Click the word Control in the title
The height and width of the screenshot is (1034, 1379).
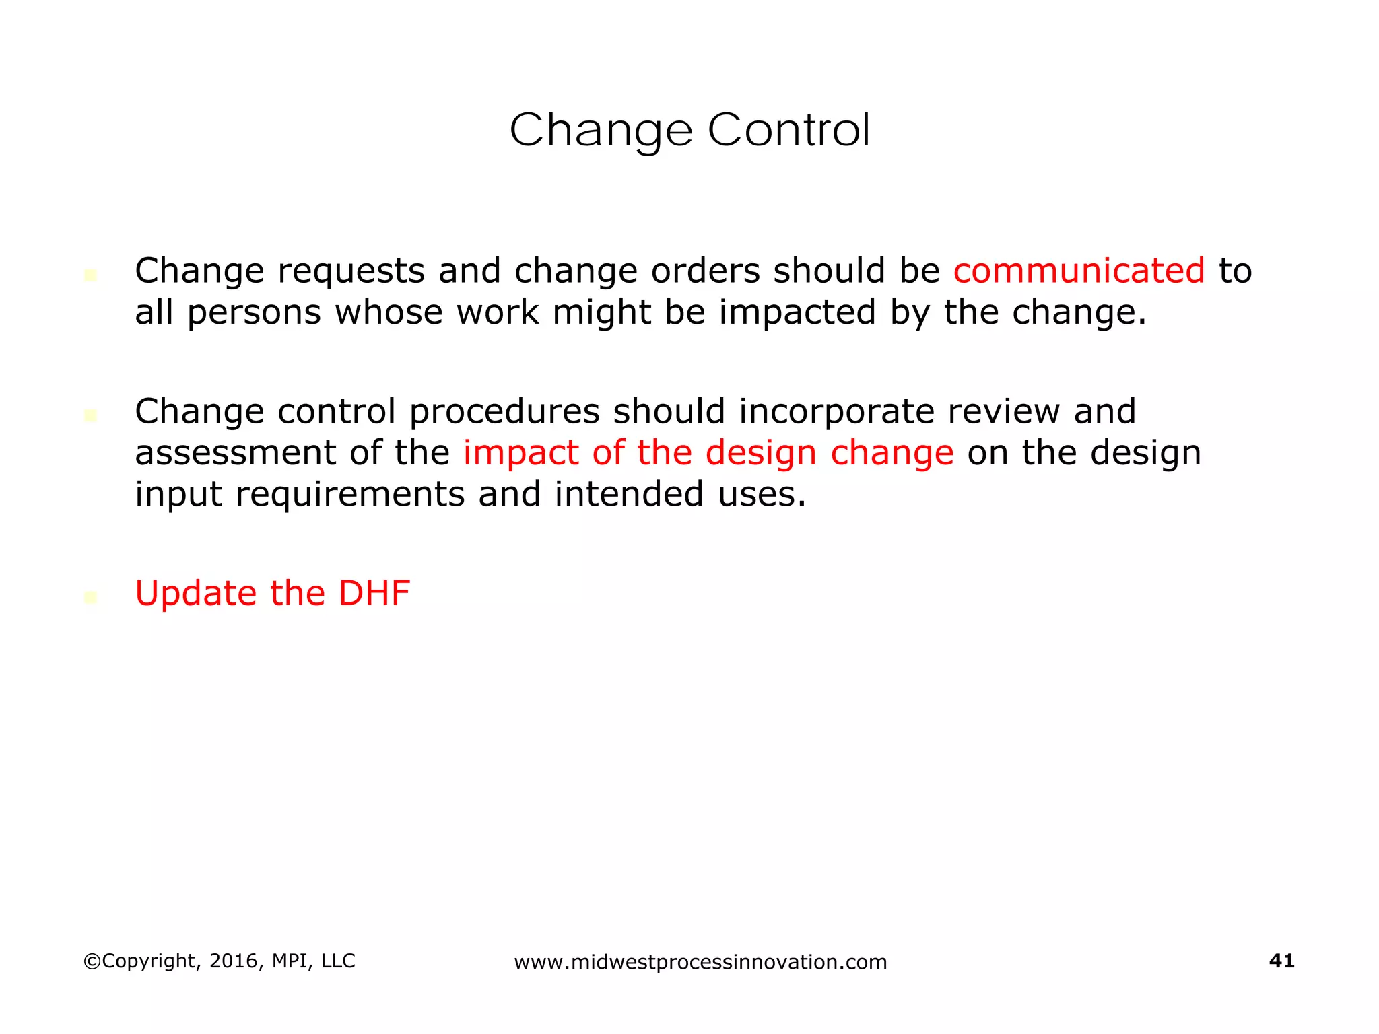pyautogui.click(x=788, y=130)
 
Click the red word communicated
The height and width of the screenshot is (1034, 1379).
pyautogui.click(x=1079, y=271)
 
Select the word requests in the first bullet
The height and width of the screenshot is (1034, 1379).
pyautogui.click(x=351, y=272)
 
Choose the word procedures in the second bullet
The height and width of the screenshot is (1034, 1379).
pyautogui.click(x=504, y=412)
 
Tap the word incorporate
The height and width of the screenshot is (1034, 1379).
pyautogui.click(x=836, y=412)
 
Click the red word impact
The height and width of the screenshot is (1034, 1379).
pyautogui.click(x=520, y=454)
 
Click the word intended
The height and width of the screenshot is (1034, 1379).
pyautogui.click(x=629, y=494)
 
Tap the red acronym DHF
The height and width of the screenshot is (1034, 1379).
pyautogui.click(x=374, y=593)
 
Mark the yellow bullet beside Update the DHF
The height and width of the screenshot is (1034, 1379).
pyautogui.click(x=91, y=597)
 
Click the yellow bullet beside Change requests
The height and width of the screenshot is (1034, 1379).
pyautogui.click(x=91, y=275)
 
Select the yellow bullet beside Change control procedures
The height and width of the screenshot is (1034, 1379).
pyautogui.click(x=91, y=416)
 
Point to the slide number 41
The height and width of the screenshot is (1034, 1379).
pyautogui.click(x=1281, y=961)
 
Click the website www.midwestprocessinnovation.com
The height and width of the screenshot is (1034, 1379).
pyautogui.click(x=700, y=962)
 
